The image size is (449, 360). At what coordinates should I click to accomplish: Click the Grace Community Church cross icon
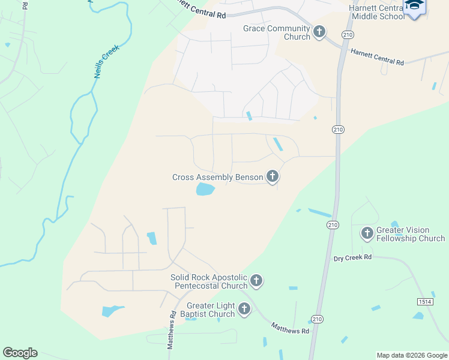319,31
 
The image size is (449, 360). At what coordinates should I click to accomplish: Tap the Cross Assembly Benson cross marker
273,176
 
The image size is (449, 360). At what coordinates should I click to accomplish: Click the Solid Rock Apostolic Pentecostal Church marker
256,280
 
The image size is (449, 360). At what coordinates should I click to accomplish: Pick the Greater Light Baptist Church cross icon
244,309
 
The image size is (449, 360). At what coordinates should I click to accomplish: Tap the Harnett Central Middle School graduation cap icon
414,5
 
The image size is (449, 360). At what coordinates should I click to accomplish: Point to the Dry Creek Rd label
353,257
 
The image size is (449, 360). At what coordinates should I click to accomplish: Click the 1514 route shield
425,301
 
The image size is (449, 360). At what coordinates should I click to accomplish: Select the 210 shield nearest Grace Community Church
348,35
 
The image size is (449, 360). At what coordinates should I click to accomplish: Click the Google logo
20,353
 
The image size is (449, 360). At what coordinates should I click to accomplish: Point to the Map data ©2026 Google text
412,355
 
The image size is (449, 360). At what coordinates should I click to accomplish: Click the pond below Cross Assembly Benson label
205,190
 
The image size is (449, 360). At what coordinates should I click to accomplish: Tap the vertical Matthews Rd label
172,330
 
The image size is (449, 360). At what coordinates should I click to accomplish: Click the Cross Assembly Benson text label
218,177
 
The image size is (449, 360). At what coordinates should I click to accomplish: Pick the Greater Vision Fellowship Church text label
411,234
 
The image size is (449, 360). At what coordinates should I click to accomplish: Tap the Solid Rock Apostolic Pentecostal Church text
209,281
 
